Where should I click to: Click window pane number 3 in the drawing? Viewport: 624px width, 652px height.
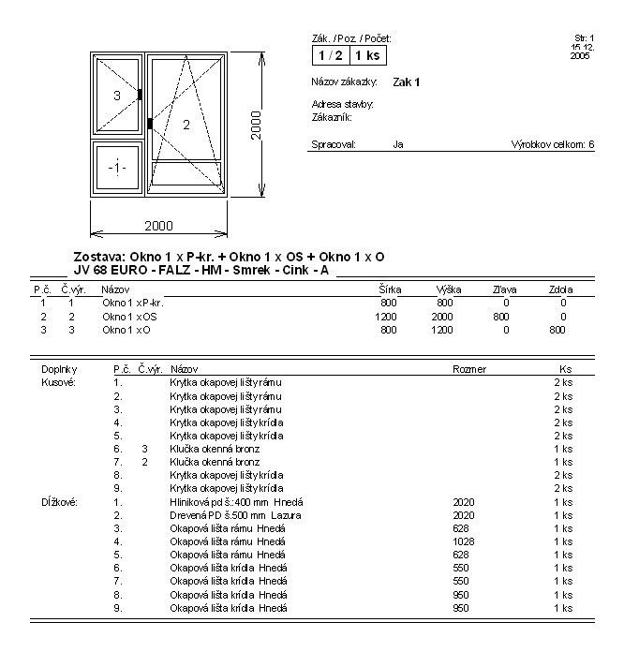pos(117,96)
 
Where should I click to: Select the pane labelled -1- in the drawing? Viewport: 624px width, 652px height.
pos(116,168)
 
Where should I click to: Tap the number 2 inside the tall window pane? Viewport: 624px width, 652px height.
pos(186,125)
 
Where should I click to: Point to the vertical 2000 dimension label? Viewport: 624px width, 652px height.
pos(256,125)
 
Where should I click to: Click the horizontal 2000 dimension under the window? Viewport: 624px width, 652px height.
pos(157,226)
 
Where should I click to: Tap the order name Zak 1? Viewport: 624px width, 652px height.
pos(407,82)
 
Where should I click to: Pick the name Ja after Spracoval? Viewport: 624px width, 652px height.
pos(398,145)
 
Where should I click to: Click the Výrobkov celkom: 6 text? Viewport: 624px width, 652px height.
pos(553,145)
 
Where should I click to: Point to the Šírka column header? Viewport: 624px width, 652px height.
pos(388,290)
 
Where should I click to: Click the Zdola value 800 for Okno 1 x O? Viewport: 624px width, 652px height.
pos(557,330)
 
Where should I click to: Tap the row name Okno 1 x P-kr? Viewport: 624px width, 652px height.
pos(133,304)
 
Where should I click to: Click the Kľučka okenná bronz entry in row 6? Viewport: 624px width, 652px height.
pos(215,449)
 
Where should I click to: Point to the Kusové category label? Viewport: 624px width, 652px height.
pos(59,383)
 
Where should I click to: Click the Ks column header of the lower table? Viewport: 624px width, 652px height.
pos(564,370)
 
